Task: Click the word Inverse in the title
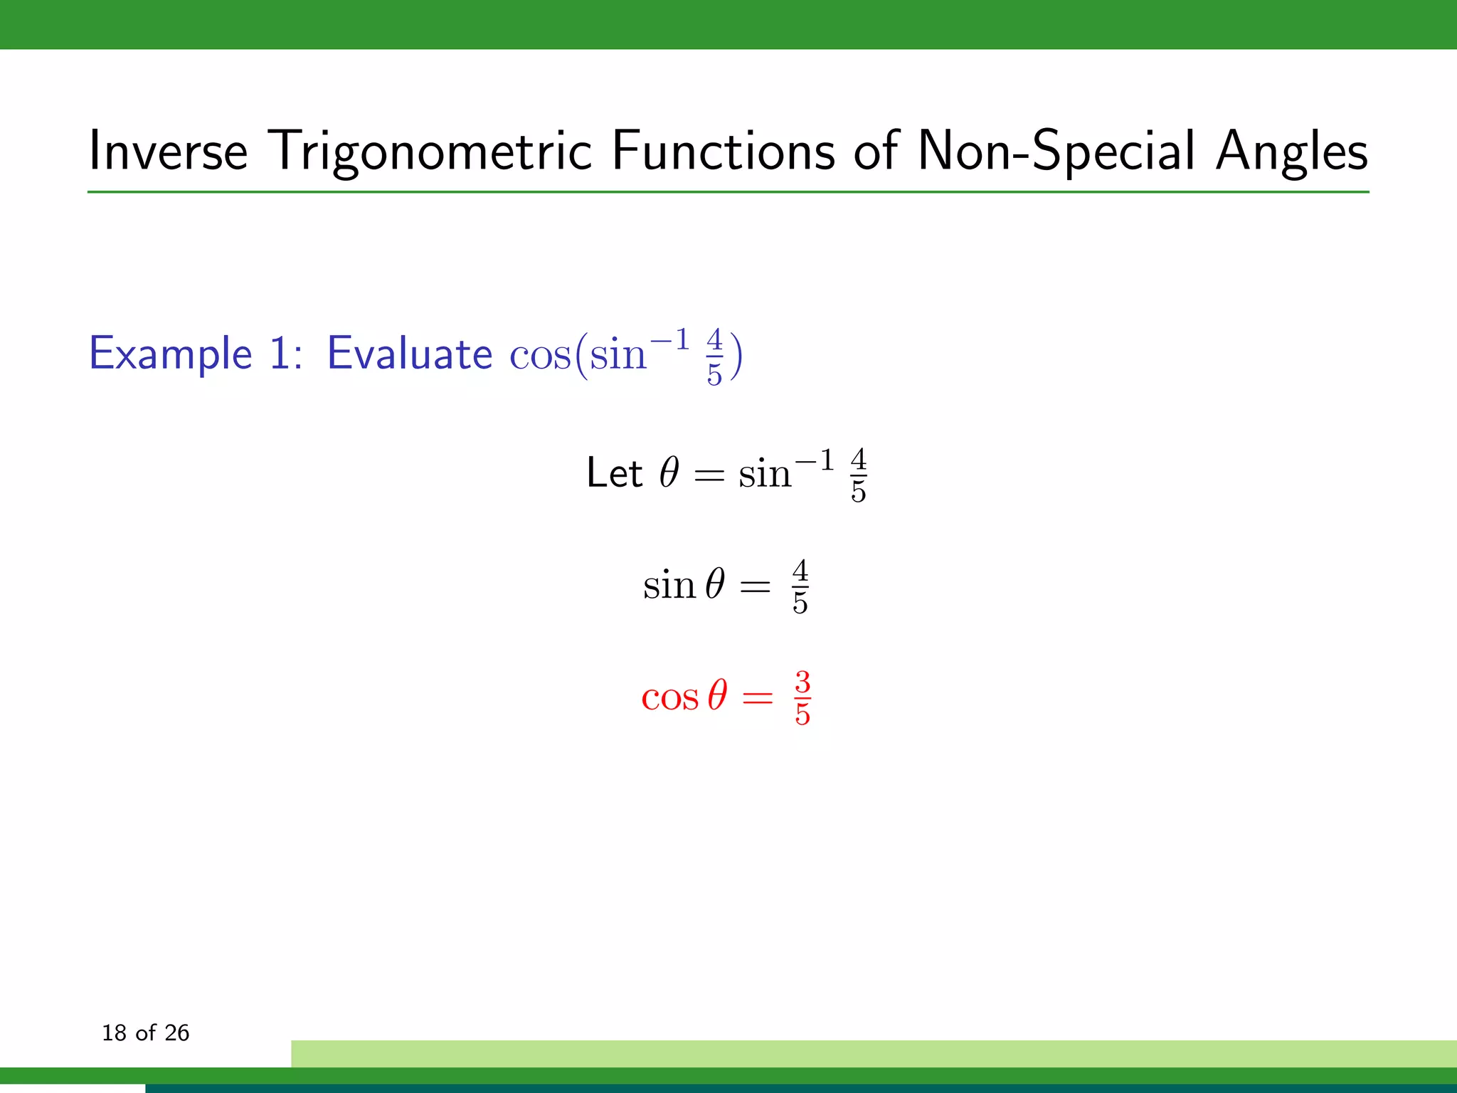tap(168, 151)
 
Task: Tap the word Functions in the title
tap(723, 151)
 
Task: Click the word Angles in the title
tap(1291, 151)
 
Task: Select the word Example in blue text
tap(171, 354)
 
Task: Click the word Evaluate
tap(409, 354)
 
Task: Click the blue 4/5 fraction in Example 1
tap(714, 356)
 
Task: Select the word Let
tap(614, 473)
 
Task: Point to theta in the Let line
tap(669, 472)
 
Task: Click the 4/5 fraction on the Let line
tap(858, 475)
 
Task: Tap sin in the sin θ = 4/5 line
tap(669, 585)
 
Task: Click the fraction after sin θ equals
tap(800, 587)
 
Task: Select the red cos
tap(669, 697)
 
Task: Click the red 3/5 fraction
tap(802, 698)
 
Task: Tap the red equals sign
tap(757, 698)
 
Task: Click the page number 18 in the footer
tap(114, 1033)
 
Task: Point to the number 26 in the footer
tap(176, 1033)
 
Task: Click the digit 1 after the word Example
tap(280, 354)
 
